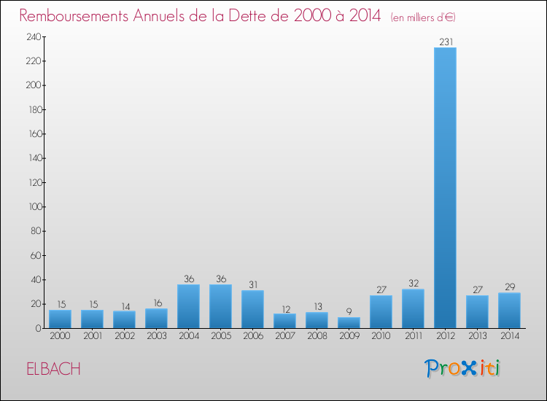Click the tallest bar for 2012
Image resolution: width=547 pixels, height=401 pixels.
coord(445,187)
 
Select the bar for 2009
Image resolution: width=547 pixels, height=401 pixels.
coord(349,322)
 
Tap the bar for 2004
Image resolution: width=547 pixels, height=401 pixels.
coord(188,305)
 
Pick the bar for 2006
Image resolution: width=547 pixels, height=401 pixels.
coord(252,309)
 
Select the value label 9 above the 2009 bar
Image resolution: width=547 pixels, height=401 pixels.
coord(349,311)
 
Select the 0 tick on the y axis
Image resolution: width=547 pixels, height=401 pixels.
coord(36,328)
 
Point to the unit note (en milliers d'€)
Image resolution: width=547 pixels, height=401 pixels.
coord(423,17)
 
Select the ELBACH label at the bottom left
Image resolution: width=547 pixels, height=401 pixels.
coord(53,369)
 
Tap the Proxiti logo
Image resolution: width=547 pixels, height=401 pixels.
coord(462,368)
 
